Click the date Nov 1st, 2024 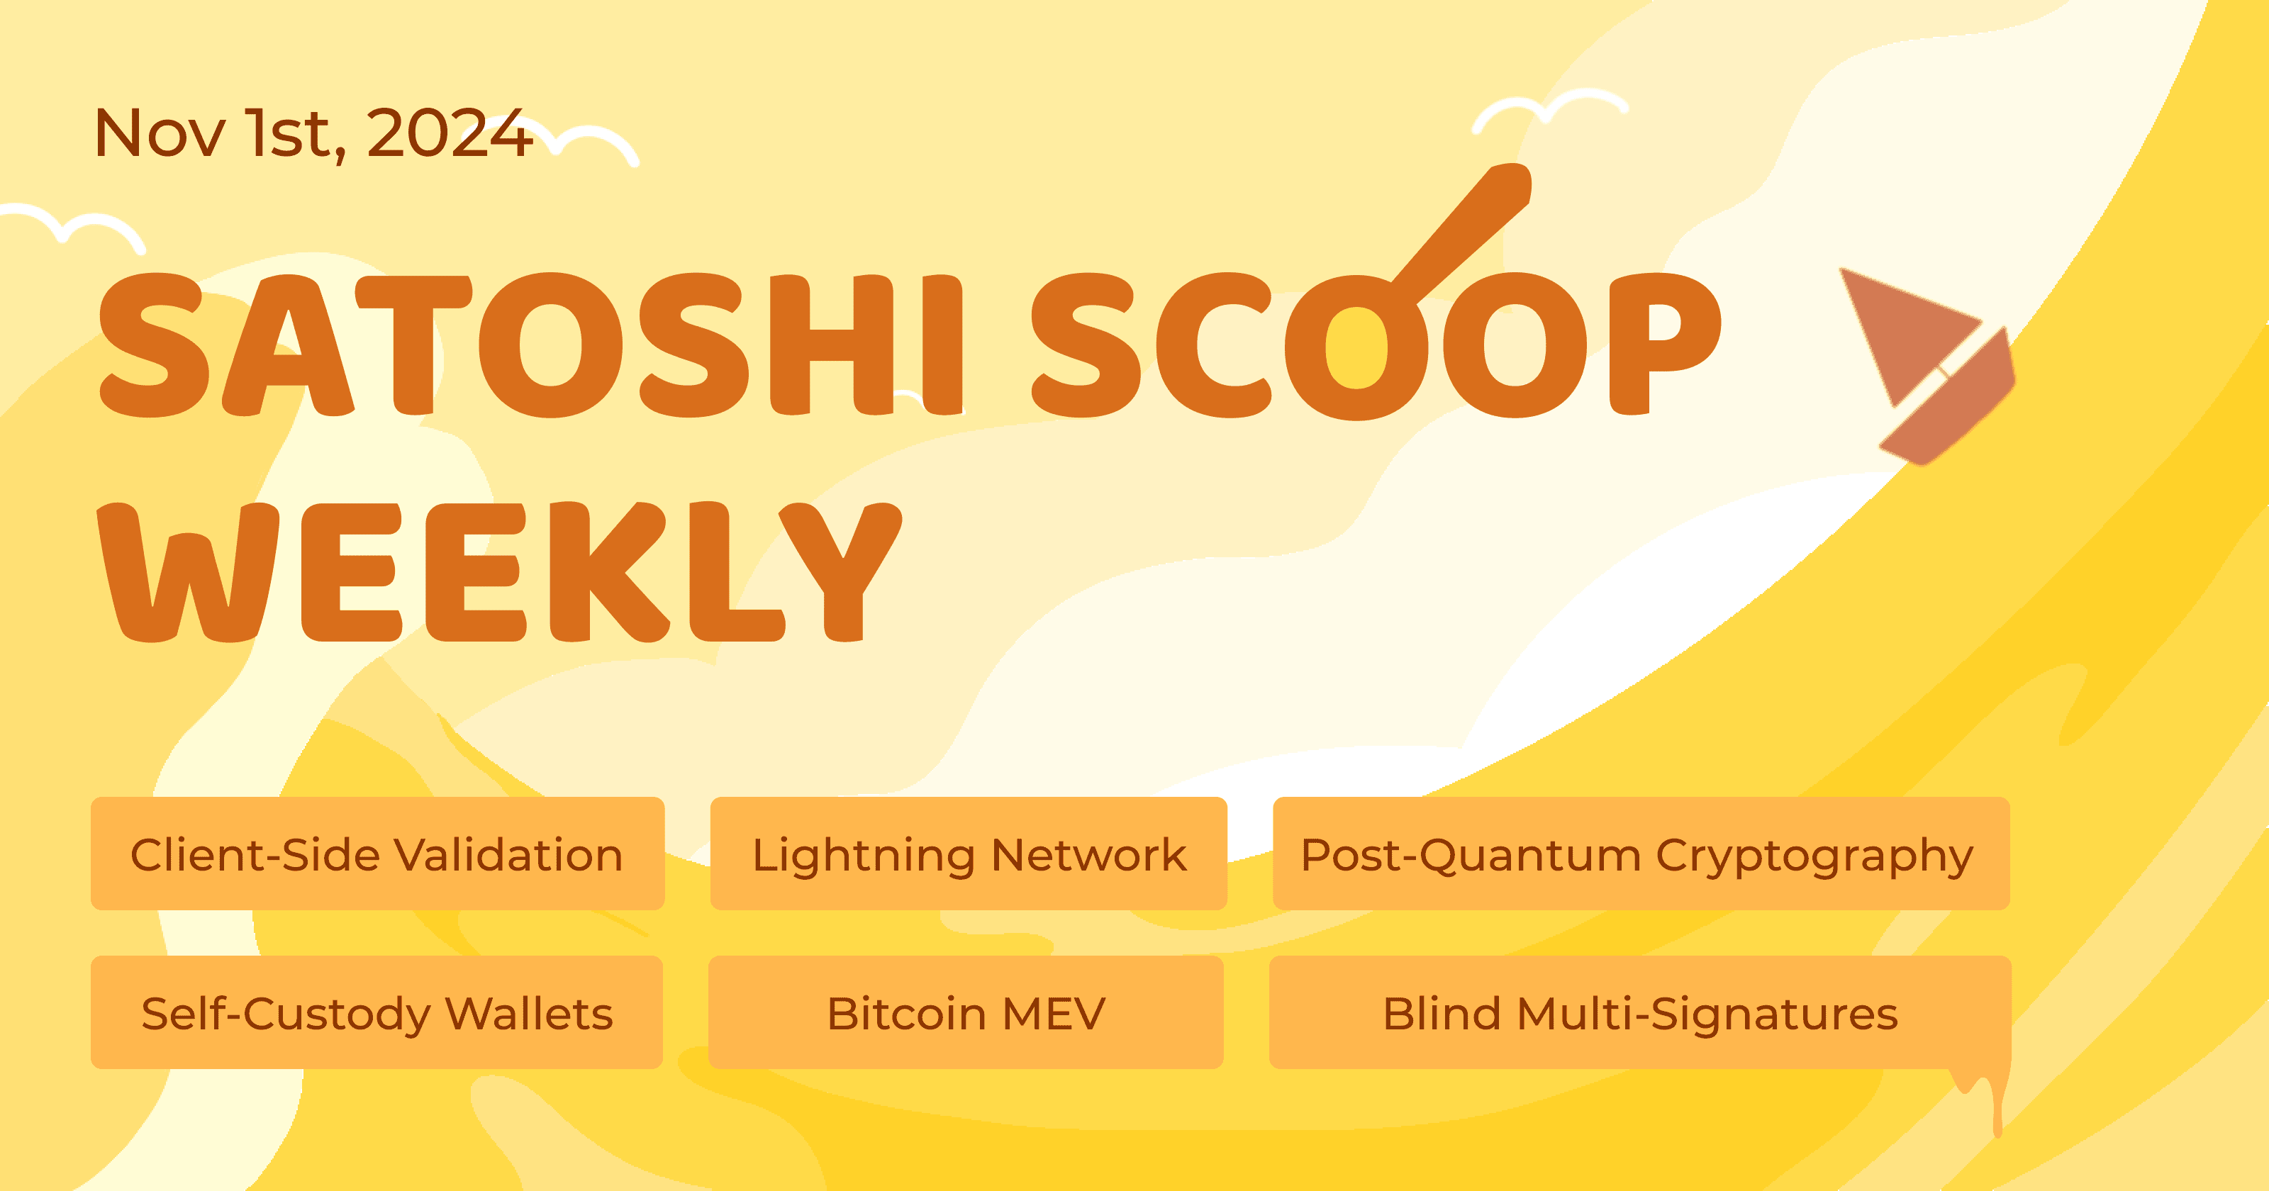313,134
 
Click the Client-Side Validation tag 377,854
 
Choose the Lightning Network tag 968,854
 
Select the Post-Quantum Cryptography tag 1640,854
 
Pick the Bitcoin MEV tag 965,1012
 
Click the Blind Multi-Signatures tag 1639,1012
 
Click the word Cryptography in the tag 1814,856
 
